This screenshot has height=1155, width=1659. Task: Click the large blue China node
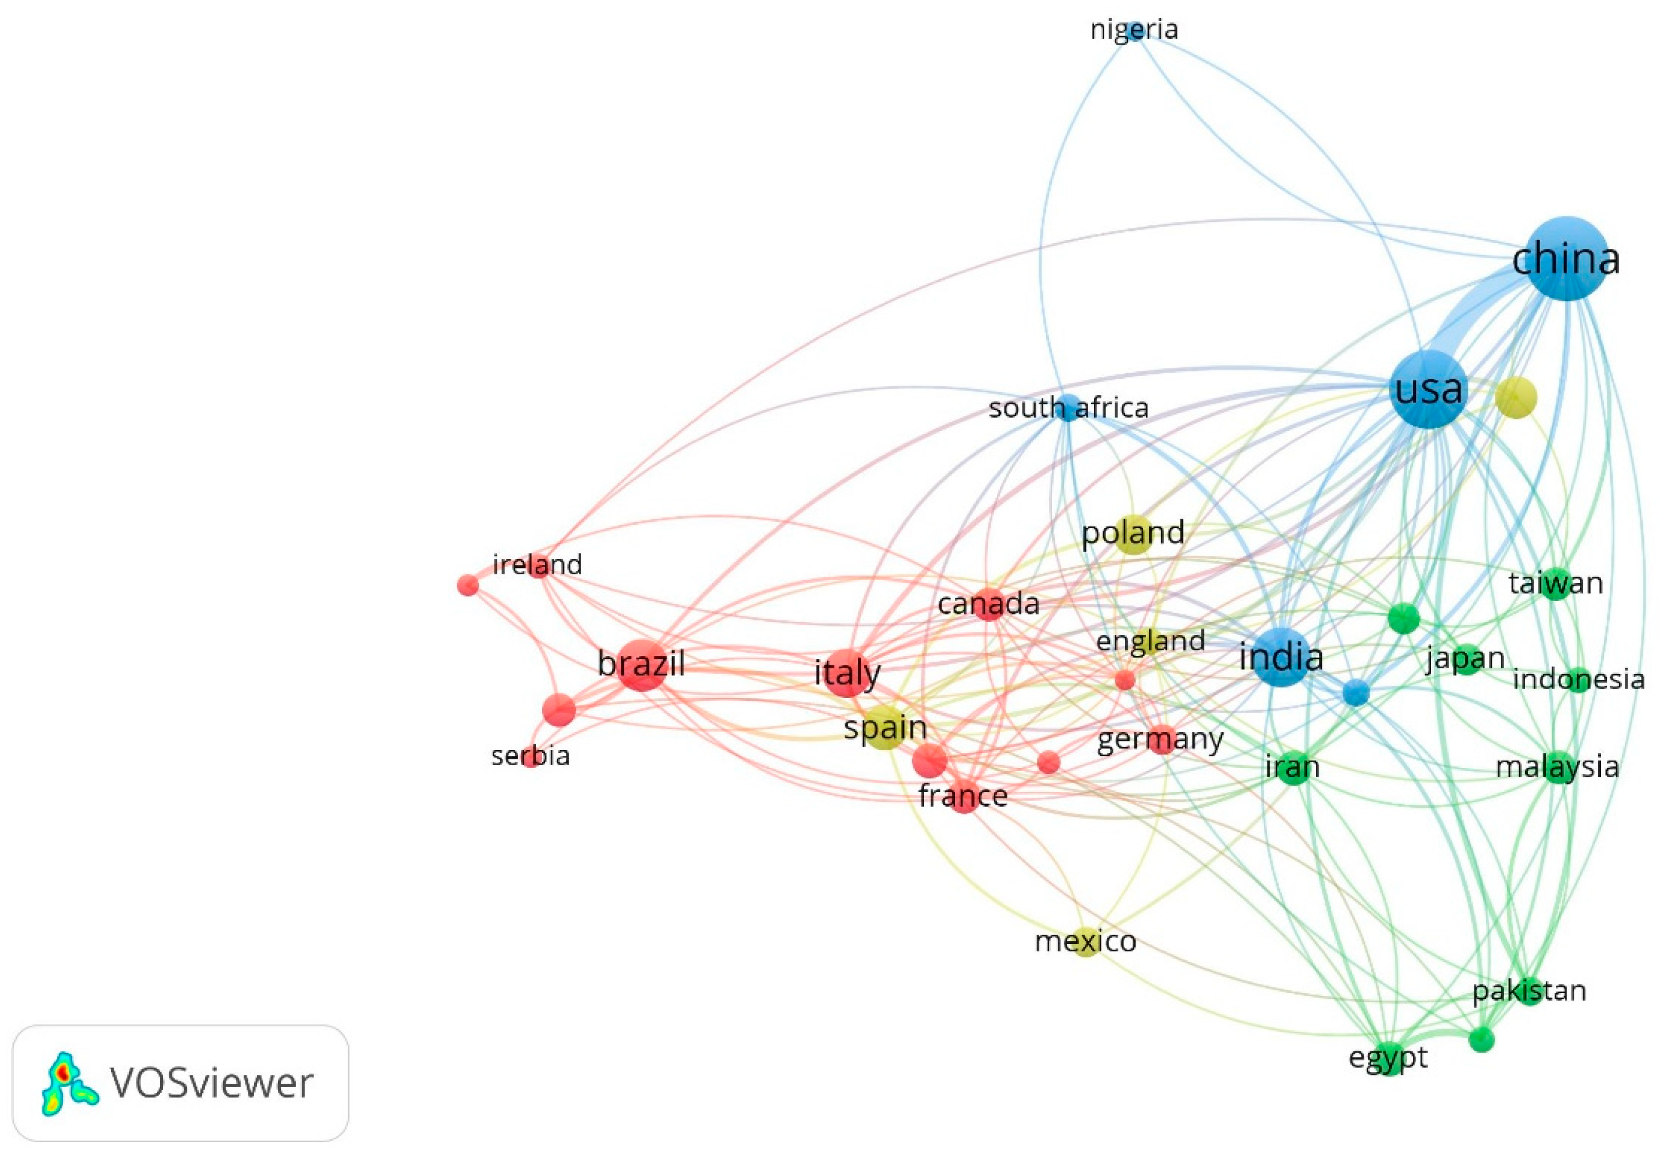click(1566, 259)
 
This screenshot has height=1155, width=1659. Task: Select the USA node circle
click(1429, 390)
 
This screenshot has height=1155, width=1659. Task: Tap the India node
click(1281, 657)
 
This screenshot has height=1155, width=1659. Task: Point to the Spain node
click(885, 727)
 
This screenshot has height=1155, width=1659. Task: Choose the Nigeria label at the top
click(1134, 30)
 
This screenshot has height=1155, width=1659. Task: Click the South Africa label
click(1068, 408)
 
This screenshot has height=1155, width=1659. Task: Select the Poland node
click(1133, 534)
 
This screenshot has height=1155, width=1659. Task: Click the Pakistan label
click(1529, 991)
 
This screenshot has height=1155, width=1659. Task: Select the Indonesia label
click(1578, 680)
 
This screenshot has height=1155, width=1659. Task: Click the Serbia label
click(530, 756)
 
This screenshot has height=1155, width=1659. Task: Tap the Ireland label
click(537, 565)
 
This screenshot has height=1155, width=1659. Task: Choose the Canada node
click(988, 604)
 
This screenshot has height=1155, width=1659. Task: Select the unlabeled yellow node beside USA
click(1516, 397)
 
